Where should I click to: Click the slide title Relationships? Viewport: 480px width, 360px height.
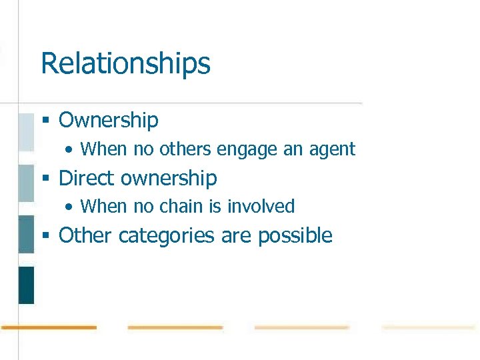pos(125,64)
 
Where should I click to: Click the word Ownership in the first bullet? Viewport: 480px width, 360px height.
pos(109,120)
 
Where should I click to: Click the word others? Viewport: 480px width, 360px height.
pos(185,149)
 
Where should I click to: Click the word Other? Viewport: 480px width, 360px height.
pos(83,235)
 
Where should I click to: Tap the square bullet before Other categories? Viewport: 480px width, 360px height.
pos(46,236)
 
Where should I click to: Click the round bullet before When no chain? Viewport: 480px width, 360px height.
pos(70,207)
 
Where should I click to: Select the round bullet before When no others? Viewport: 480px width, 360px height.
pos(70,149)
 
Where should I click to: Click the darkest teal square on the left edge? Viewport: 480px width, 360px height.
pos(26,285)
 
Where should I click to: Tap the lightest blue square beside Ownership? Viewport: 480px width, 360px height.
pos(26,132)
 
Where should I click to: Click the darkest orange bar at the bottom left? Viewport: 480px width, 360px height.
pos(49,327)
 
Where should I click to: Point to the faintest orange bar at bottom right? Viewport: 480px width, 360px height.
pos(428,327)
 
